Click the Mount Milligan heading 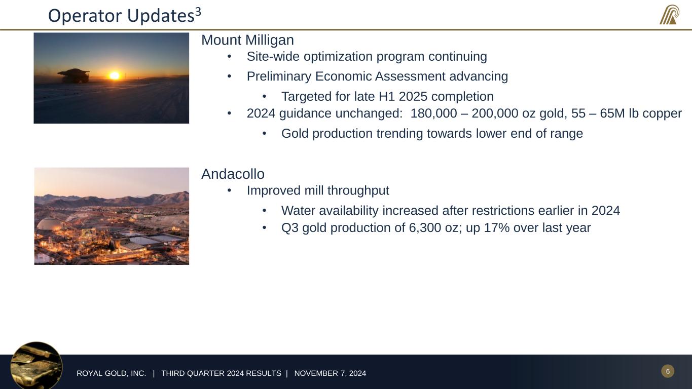[247, 40]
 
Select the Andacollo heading [233, 174]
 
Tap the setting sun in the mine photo [114, 75]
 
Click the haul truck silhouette [74, 75]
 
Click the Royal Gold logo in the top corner [670, 15]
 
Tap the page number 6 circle [668, 371]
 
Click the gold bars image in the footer [37, 366]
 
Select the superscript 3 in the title [198, 12]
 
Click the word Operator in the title [86, 16]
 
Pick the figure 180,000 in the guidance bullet [433, 113]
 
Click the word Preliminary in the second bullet [279, 76]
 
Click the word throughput [358, 191]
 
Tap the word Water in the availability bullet [298, 211]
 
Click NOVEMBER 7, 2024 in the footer [330, 373]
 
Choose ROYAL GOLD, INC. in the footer [111, 373]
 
